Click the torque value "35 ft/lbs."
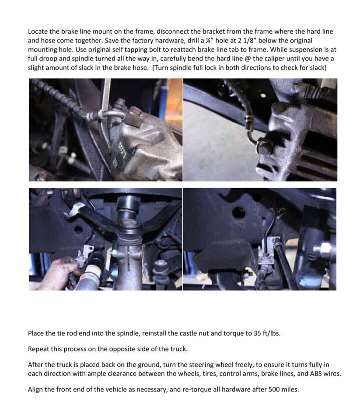(267, 333)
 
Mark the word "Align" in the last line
(36, 389)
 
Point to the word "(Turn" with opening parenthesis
(161, 68)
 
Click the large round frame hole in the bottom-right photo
(239, 213)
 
